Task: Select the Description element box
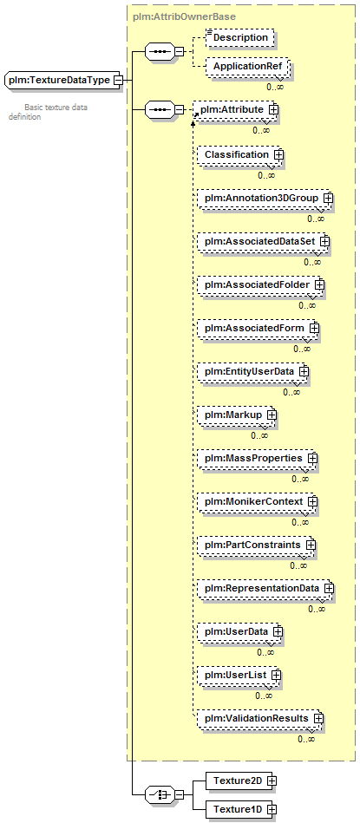[x=240, y=38]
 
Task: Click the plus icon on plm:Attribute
[x=273, y=109]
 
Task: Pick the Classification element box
[x=239, y=154]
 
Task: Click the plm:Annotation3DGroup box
[x=265, y=198]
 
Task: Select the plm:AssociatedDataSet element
[x=263, y=241]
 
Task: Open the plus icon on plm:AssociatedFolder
[x=319, y=284]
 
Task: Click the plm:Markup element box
[x=237, y=415]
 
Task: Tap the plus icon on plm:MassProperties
[x=312, y=458]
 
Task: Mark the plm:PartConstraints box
[x=257, y=545]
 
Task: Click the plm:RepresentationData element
[x=266, y=588]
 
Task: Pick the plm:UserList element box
[x=239, y=674]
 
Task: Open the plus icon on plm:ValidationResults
[x=318, y=717]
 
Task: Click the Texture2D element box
[x=241, y=781]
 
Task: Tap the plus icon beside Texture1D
[x=271, y=809]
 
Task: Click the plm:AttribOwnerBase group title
[x=184, y=16]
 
